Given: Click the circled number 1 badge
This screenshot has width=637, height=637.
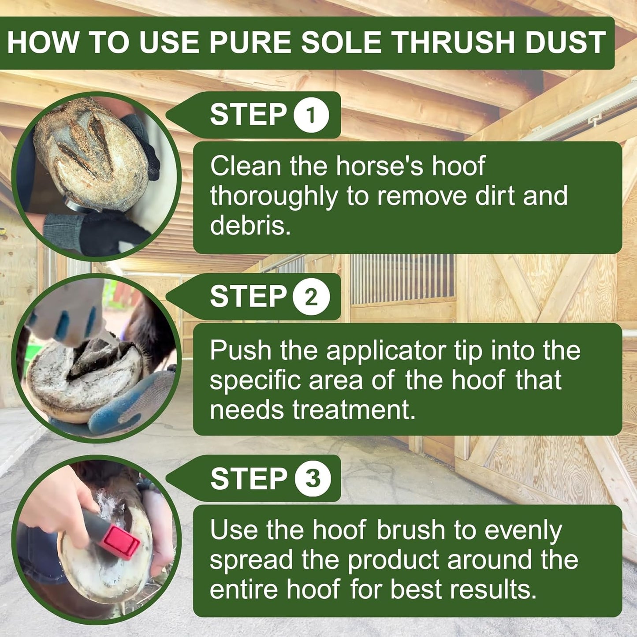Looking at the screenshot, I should (x=311, y=115).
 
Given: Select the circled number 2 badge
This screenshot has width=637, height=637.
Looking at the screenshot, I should (x=311, y=297).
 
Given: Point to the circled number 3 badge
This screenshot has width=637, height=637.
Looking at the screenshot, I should (x=313, y=479).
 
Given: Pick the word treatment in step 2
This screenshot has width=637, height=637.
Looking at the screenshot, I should (x=354, y=410).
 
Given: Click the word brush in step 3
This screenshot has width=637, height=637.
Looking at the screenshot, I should (x=411, y=530).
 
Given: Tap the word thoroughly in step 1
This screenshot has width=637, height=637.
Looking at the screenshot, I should (x=273, y=196).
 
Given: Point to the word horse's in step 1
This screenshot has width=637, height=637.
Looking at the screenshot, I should (x=379, y=166).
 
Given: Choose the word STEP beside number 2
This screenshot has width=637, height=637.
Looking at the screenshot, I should (x=248, y=296).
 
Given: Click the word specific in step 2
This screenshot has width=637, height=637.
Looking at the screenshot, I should (x=255, y=380).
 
